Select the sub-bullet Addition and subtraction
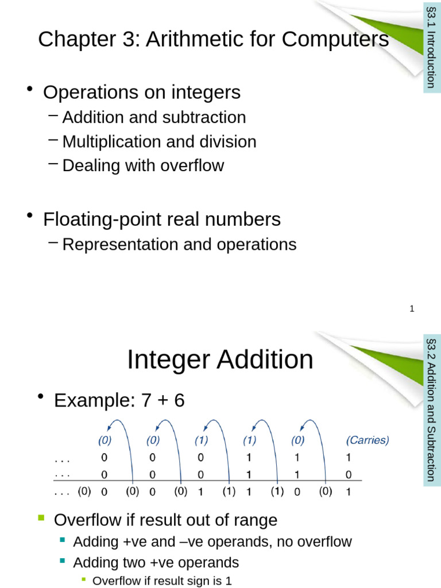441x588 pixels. [x=154, y=117]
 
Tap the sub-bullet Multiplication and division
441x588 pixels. [x=159, y=141]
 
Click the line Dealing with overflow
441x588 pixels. [x=143, y=165]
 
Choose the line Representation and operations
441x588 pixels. [x=179, y=244]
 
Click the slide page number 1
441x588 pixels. [x=412, y=309]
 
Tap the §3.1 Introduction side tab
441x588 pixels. [x=432, y=47]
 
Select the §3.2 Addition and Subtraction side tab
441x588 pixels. [x=432, y=409]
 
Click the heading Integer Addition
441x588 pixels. [x=220, y=360]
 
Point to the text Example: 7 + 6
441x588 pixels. [x=119, y=400]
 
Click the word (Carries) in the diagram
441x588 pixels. [x=367, y=440]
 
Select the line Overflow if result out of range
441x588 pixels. [x=165, y=520]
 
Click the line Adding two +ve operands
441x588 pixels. [x=156, y=562]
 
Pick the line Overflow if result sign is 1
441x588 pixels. [x=162, y=581]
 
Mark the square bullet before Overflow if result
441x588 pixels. [x=41, y=519]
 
